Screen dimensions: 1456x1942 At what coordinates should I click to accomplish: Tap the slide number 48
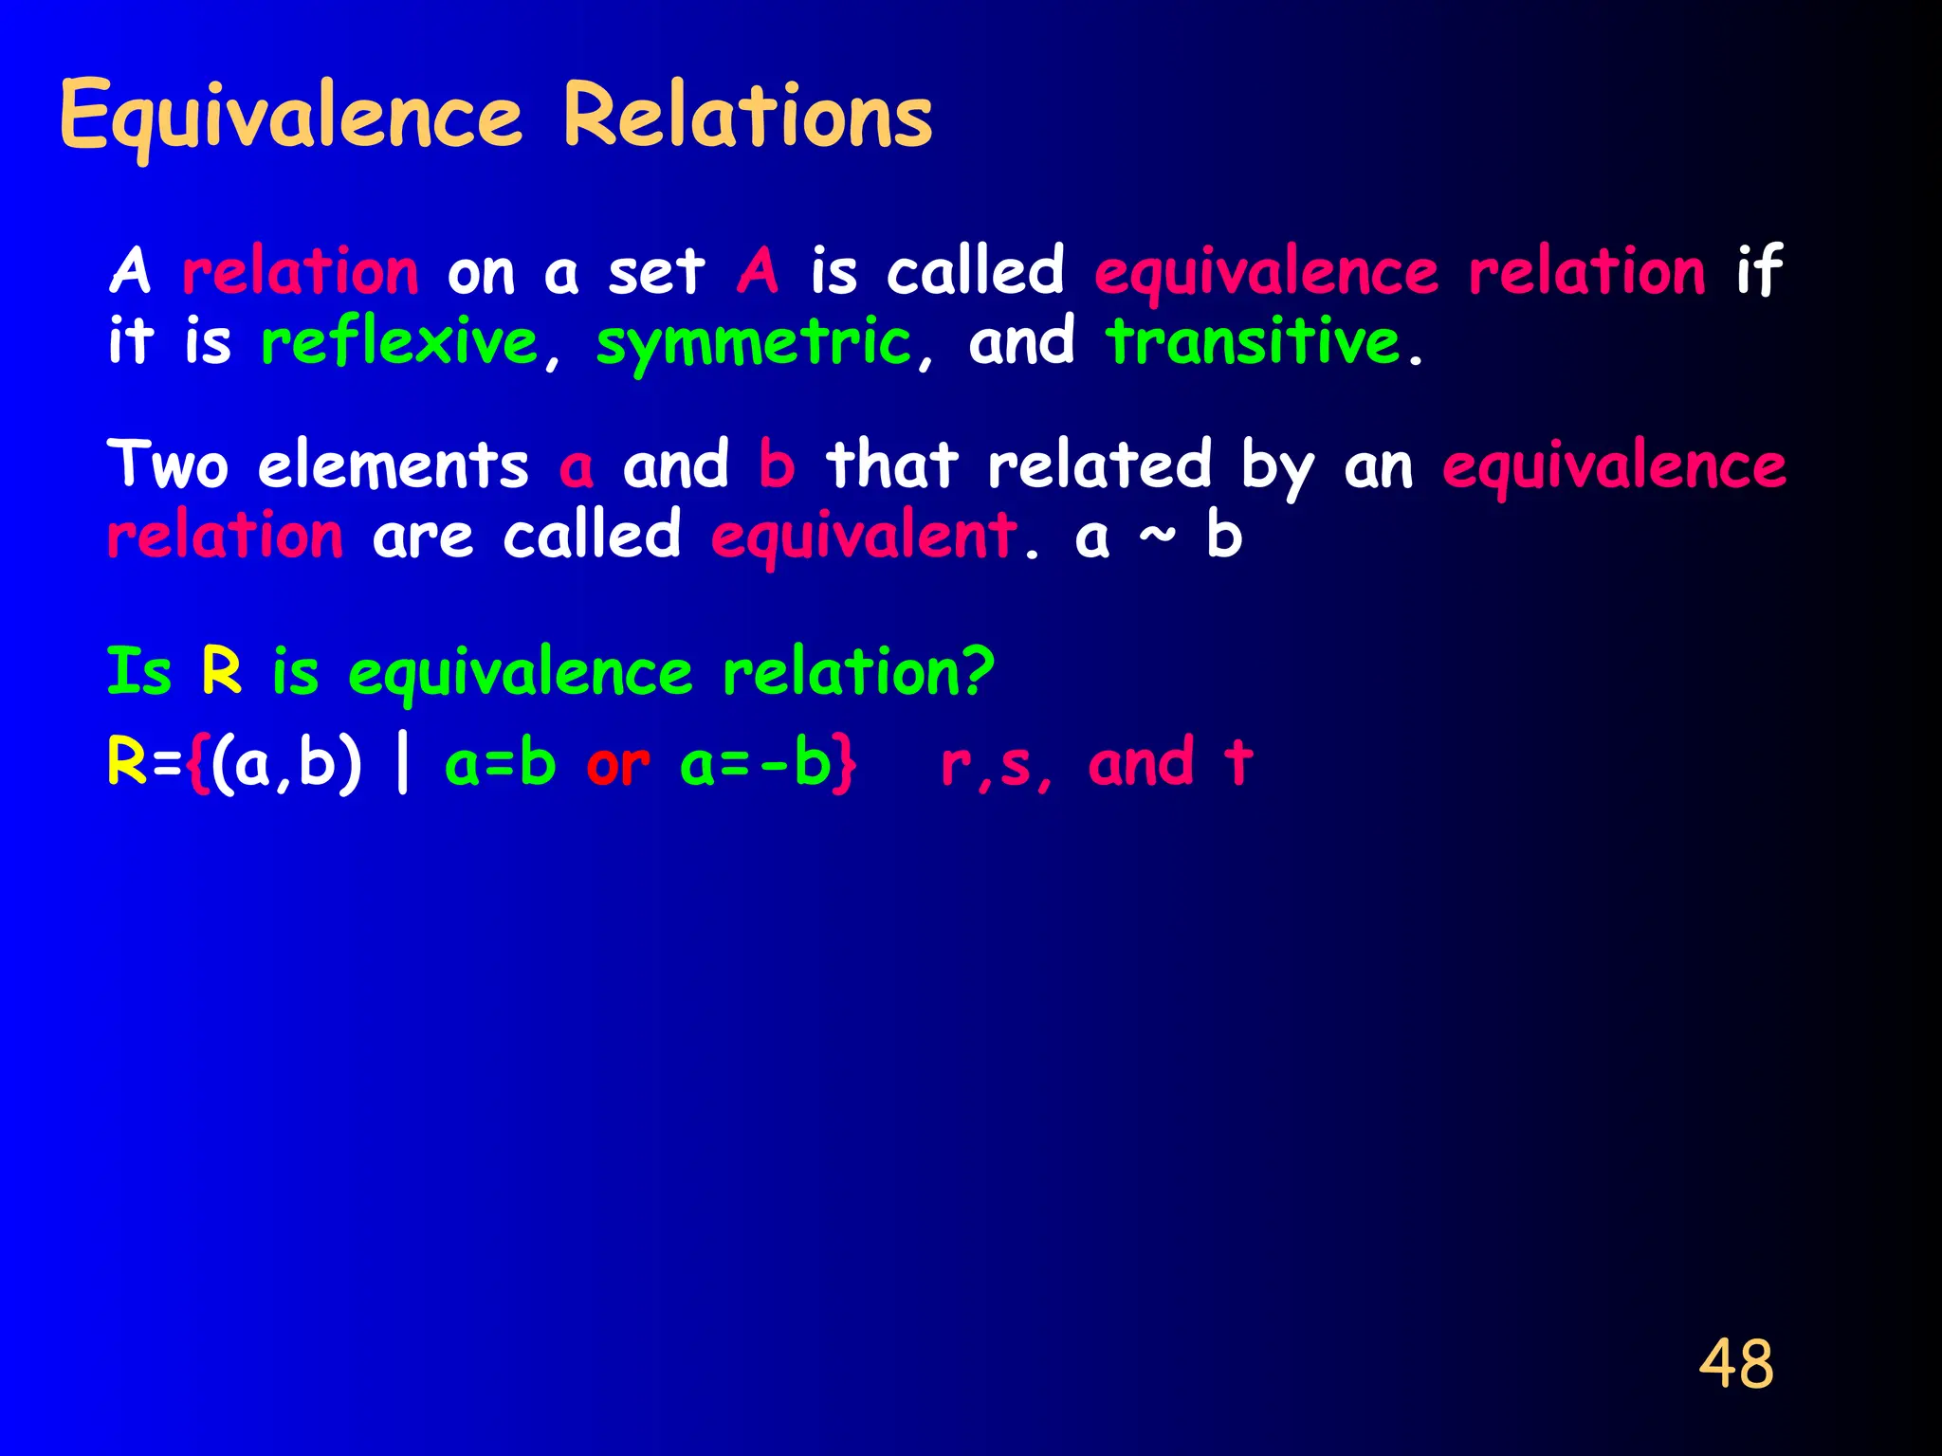pyautogui.click(x=1735, y=1364)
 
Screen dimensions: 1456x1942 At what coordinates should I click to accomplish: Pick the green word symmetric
pyautogui.click(x=753, y=343)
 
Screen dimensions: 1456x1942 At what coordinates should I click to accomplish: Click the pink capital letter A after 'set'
pyautogui.click(x=758, y=271)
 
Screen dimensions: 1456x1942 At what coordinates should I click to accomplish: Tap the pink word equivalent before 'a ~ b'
pyautogui.click(x=864, y=537)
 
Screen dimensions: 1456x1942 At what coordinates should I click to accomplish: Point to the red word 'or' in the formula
pyautogui.click(x=618, y=764)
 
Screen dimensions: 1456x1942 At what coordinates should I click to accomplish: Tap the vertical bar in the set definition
pyautogui.click(x=403, y=764)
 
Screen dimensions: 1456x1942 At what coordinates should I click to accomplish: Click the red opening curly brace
pyautogui.click(x=197, y=764)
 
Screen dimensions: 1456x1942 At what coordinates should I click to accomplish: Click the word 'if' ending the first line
pyautogui.click(x=1759, y=271)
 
